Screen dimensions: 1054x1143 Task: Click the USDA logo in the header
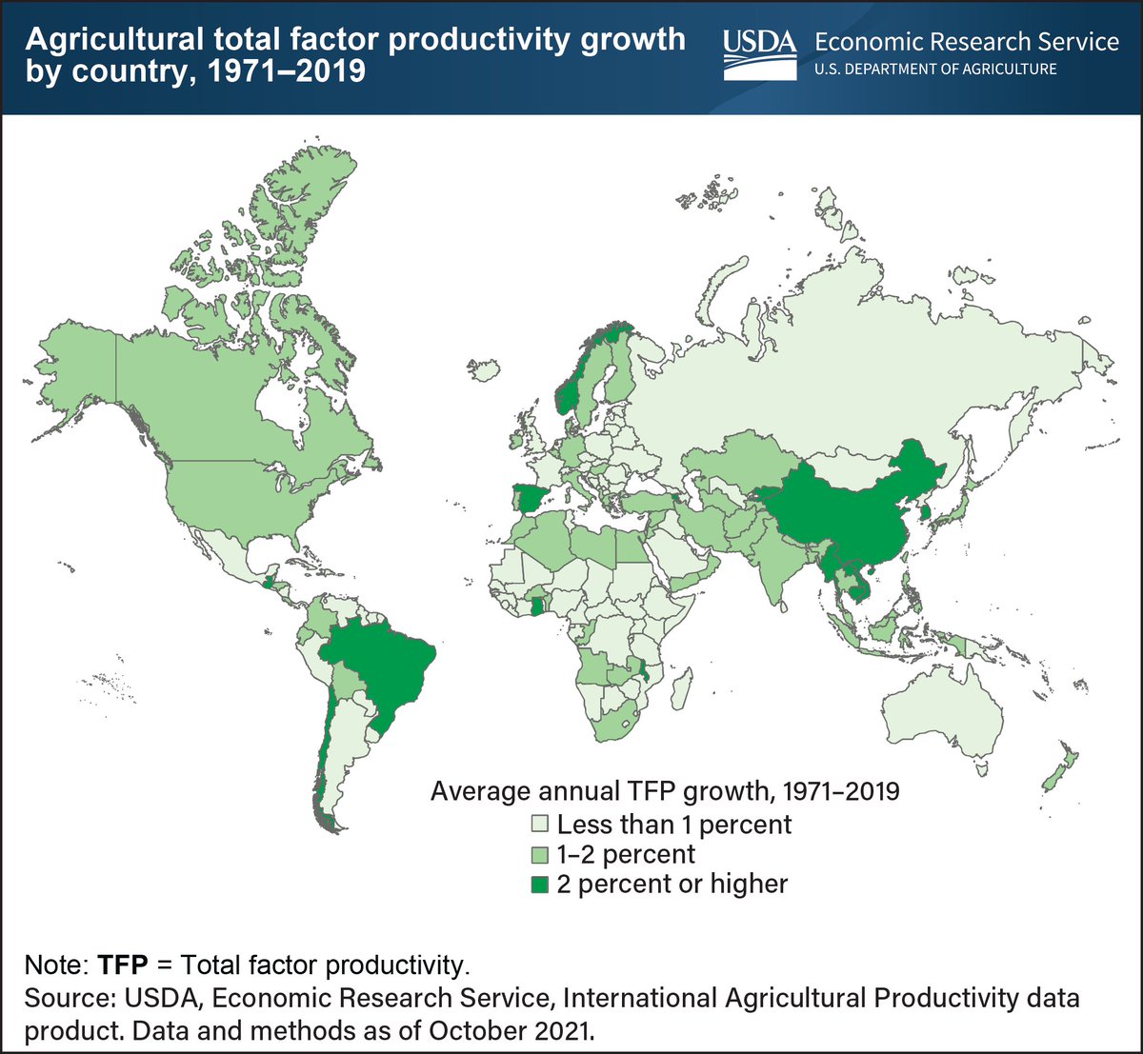tap(759, 53)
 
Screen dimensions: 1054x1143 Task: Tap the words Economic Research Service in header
tap(967, 42)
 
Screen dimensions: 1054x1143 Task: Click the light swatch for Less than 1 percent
tap(540, 823)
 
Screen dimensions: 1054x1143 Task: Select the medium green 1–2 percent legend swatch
tap(540, 853)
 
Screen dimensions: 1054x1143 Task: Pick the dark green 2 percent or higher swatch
tap(540, 885)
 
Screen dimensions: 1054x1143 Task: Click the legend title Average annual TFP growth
tap(664, 790)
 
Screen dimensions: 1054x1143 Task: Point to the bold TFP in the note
tap(123, 965)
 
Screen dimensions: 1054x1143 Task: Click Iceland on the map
tap(487, 369)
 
